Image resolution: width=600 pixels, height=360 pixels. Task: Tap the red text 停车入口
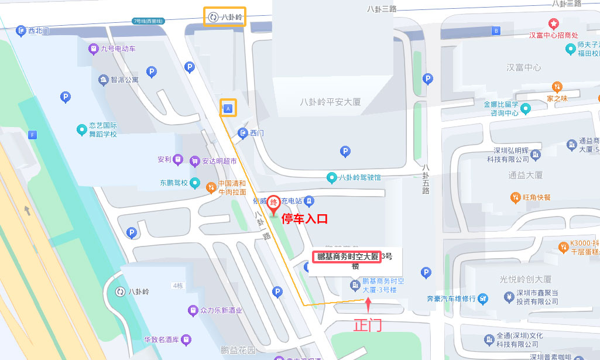(304, 220)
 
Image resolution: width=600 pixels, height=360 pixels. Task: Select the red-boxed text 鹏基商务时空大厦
(347, 256)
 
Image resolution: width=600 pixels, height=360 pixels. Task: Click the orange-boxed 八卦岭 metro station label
(224, 16)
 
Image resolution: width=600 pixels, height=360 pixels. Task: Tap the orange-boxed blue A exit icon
(228, 108)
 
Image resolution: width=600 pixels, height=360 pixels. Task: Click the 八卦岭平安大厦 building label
(330, 102)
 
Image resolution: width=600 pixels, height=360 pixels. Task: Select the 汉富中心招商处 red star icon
(554, 23)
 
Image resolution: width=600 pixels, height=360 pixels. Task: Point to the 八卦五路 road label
(426, 179)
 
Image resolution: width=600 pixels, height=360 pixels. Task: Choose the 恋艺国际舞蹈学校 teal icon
(82, 129)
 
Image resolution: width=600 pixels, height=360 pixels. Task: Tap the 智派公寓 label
(124, 80)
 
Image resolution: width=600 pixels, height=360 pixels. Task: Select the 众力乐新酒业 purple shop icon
(193, 310)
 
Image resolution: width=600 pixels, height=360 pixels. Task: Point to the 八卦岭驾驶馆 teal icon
(332, 177)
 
